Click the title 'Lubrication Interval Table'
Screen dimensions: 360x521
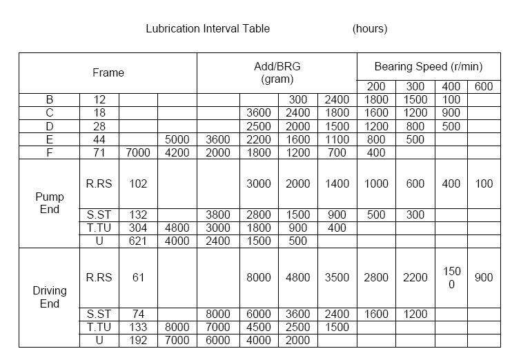(208, 29)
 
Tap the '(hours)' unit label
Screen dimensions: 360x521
(370, 29)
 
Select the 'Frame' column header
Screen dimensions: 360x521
(108, 72)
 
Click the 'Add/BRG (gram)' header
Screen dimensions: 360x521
(277, 72)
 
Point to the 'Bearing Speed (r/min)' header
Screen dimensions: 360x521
(428, 67)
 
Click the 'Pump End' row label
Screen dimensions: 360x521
(50, 203)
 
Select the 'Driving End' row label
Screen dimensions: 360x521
(50, 297)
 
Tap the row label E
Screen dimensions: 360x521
(50, 139)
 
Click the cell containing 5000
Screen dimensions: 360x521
(177, 139)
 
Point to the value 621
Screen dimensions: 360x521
(139, 241)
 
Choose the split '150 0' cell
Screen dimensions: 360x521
(451, 278)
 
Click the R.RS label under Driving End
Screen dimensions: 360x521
(99, 278)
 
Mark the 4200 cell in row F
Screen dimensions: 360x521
(177, 152)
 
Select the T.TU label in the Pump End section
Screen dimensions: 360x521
(99, 228)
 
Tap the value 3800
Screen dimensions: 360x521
(218, 215)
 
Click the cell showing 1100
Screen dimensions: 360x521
(337, 139)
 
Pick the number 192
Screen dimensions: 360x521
(139, 340)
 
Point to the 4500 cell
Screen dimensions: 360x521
(259, 327)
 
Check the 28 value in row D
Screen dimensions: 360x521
(99, 126)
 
